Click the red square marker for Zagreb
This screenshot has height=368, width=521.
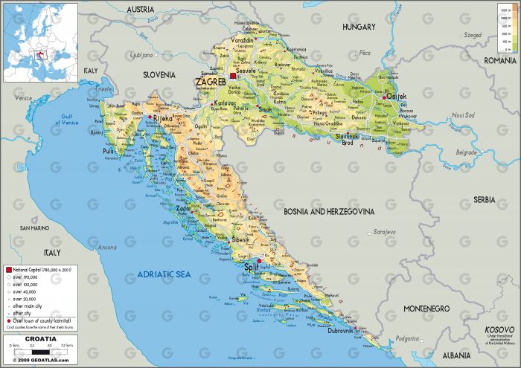point(233,76)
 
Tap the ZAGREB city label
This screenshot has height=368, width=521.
point(210,82)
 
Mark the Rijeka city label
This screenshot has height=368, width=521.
point(162,118)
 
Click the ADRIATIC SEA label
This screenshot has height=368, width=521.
point(164,275)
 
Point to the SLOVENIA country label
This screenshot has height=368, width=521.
point(159,75)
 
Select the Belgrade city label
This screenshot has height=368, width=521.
point(466,152)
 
